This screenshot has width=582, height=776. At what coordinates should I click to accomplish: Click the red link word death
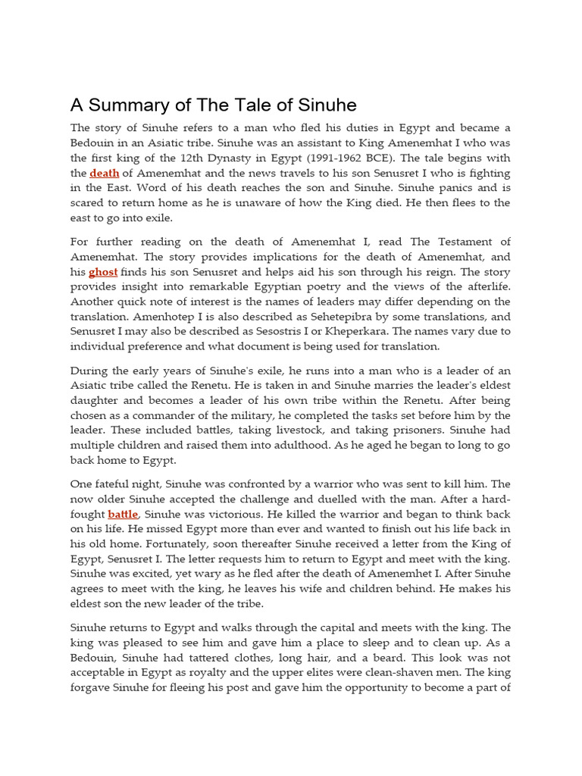105,173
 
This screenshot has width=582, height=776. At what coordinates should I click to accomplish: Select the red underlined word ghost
103,271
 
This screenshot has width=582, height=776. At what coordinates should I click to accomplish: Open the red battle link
123,514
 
